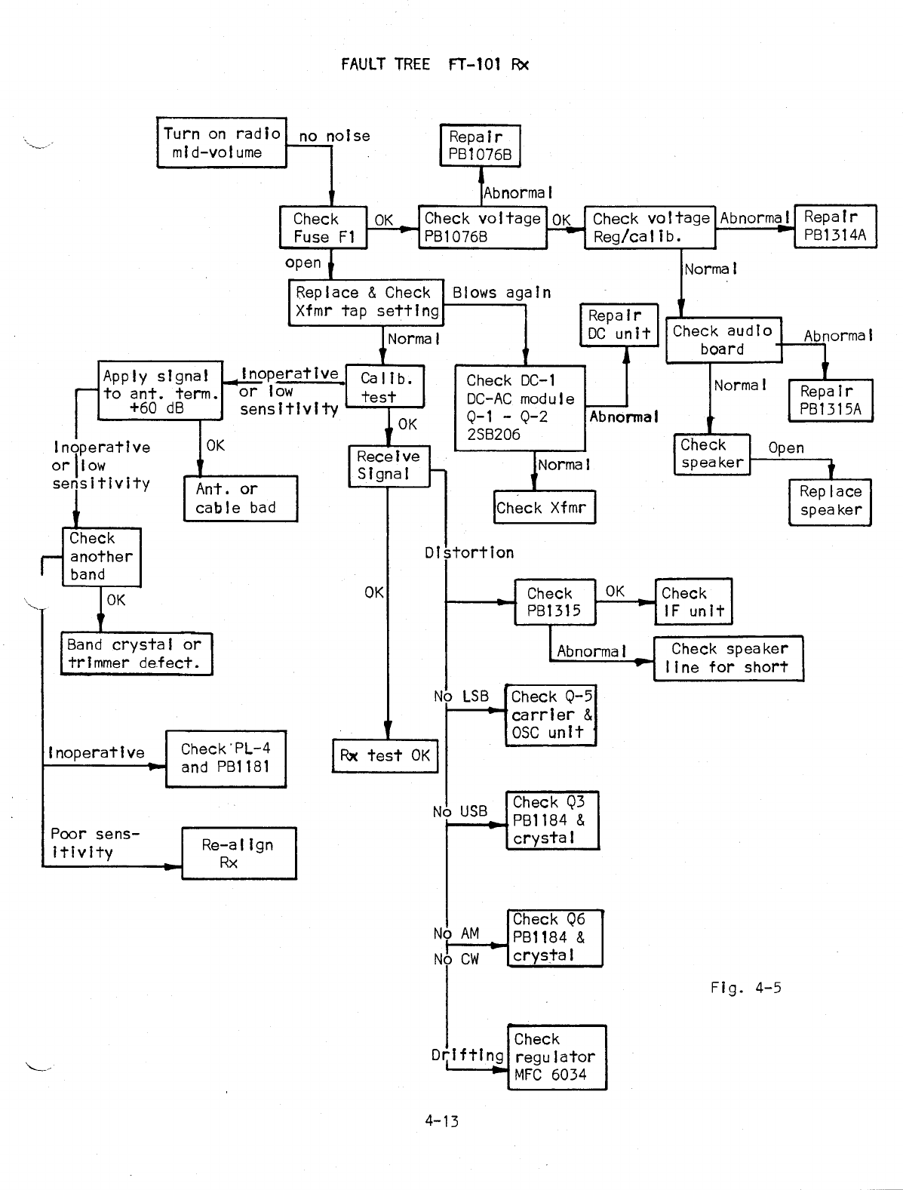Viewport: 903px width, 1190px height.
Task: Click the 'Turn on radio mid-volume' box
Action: pos(222,142)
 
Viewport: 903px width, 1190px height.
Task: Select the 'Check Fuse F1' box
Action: pos(324,228)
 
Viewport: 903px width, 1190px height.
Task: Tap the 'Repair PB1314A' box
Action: pos(835,226)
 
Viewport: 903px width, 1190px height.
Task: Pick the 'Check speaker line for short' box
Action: pos(728,658)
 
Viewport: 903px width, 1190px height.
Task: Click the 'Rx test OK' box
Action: pos(385,755)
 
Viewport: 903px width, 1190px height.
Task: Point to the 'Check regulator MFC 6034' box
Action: pos(557,1056)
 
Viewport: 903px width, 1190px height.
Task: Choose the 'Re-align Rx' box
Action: pos(238,853)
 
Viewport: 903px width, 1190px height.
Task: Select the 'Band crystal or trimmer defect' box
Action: pos(136,653)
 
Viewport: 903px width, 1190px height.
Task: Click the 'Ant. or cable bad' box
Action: pos(240,498)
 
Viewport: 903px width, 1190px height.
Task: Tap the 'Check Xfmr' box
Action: pos(544,508)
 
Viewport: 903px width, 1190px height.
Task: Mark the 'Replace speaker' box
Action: pos(830,501)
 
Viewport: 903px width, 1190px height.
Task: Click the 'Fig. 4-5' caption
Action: pos(745,987)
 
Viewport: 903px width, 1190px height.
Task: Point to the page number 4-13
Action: pos(441,1121)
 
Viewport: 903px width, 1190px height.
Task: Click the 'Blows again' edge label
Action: pos(502,293)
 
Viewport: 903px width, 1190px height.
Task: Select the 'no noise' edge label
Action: pos(334,137)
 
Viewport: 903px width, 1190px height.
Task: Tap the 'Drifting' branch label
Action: pos(468,1055)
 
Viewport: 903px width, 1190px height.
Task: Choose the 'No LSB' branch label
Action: pos(462,696)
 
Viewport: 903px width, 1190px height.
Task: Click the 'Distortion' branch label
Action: pos(469,552)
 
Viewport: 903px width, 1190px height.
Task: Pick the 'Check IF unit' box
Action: pos(693,602)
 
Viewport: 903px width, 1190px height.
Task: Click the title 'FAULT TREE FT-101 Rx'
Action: pos(435,64)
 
